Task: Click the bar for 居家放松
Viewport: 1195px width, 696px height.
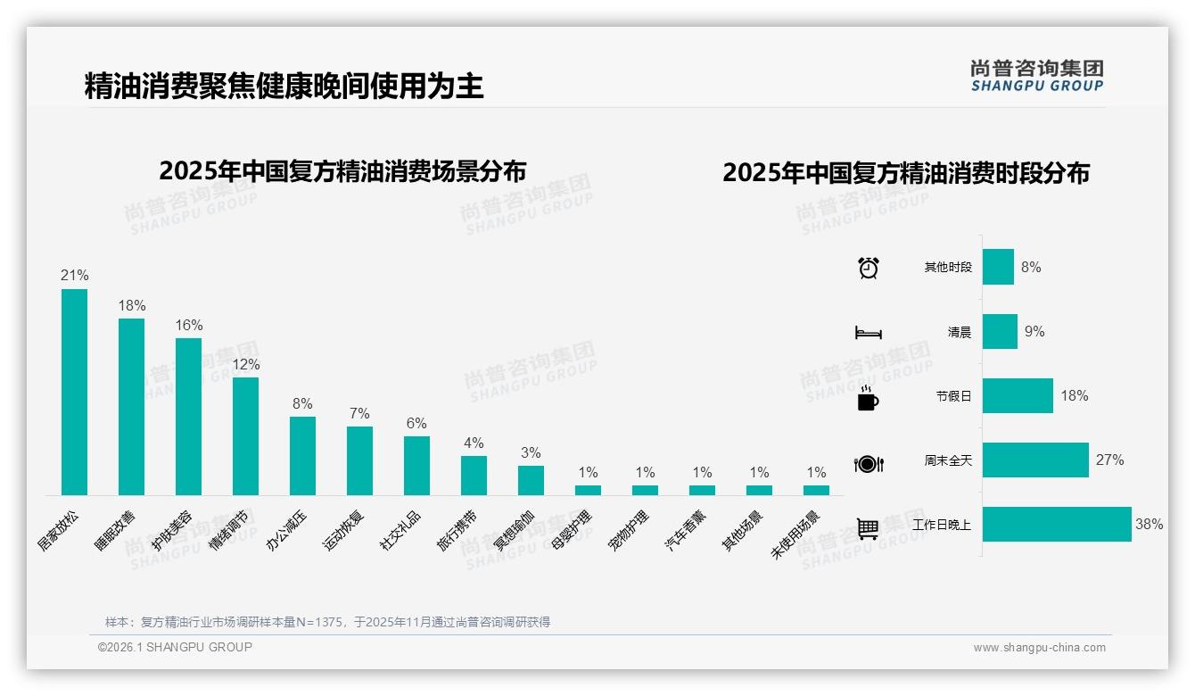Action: pos(74,392)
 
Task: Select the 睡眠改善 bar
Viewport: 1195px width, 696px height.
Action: pos(131,407)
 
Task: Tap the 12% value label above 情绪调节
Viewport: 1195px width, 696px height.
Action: pos(246,364)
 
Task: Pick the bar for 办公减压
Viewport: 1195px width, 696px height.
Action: pos(302,456)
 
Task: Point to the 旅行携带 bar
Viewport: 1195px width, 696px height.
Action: pos(474,476)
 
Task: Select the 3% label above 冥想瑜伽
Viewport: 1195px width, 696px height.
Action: pos(531,452)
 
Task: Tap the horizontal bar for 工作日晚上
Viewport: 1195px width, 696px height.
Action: pos(1057,525)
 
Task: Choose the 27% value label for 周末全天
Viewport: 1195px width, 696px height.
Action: pos(1110,460)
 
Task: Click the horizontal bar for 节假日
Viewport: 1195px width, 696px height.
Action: pos(1018,396)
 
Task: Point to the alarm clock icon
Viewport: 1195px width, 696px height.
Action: pos(869,268)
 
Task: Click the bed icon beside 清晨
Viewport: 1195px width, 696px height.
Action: pos(869,333)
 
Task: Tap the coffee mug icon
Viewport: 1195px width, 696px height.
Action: pos(868,398)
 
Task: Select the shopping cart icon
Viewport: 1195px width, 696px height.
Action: pos(868,528)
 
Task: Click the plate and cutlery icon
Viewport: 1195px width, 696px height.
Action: pos(869,463)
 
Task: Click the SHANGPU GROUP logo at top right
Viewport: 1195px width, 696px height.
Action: pos(1037,75)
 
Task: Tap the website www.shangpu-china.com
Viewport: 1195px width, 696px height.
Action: pos(1039,648)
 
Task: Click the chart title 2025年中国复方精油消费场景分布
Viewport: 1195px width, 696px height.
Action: pos(342,171)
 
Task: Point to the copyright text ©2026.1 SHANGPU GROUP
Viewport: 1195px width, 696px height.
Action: pos(175,647)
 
